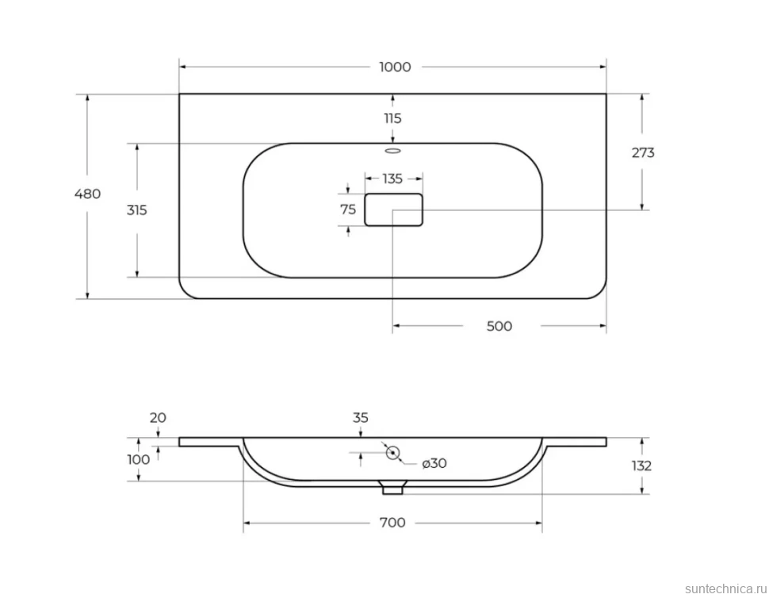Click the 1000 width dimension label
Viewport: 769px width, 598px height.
pos(395,67)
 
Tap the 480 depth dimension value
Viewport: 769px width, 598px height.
pos(87,194)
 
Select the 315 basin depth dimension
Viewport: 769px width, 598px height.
pos(137,210)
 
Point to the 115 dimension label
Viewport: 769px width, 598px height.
pos(392,118)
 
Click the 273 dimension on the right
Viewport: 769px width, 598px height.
pos(643,153)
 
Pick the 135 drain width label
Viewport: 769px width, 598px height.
pos(392,178)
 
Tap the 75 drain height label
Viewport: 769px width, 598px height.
pos(348,209)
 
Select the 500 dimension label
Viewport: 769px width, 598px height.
pos(499,326)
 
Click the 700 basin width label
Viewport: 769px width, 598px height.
pos(392,523)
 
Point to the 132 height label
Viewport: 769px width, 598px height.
pos(641,466)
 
